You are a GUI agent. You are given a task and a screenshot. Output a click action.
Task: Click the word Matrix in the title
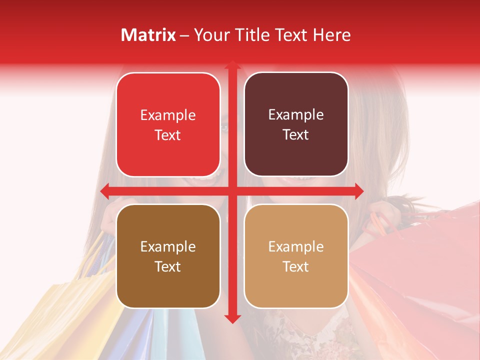pyautogui.click(x=148, y=35)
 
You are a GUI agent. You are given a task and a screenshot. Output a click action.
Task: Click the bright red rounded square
pyautogui.click(x=168, y=124)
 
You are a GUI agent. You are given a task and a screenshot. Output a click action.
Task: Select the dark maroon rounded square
pyautogui.click(x=296, y=124)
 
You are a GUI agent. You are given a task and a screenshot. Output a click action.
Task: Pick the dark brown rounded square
pyautogui.click(x=168, y=256)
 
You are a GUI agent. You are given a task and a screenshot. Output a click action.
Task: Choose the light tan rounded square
pyautogui.click(x=296, y=256)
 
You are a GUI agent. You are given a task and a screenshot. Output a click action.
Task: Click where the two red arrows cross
pyautogui.click(x=232, y=191)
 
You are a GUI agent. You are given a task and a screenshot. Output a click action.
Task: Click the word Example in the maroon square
pyautogui.click(x=296, y=115)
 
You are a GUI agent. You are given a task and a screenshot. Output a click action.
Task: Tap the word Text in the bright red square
pyautogui.click(x=168, y=135)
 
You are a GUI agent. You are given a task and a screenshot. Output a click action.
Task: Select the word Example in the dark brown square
pyautogui.click(x=168, y=246)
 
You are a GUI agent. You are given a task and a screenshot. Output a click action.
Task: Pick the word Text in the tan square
pyautogui.click(x=296, y=267)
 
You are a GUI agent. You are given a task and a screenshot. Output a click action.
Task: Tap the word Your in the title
pyautogui.click(x=209, y=35)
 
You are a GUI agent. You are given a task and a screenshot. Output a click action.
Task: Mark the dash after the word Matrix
pyautogui.click(x=184, y=35)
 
